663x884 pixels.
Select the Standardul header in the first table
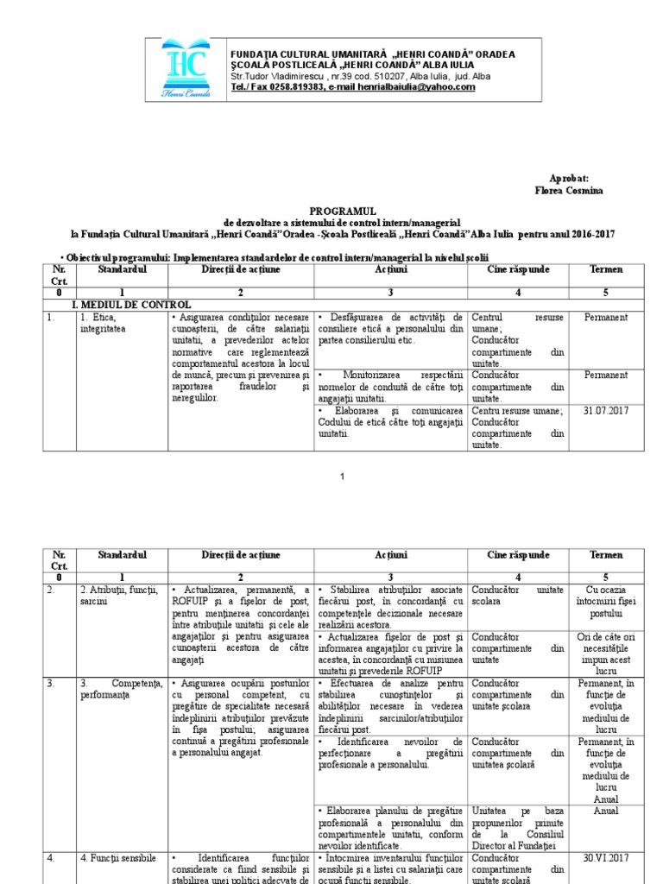(x=123, y=270)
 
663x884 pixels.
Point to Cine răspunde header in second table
(x=518, y=554)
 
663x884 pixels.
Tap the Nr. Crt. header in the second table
(x=59, y=559)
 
